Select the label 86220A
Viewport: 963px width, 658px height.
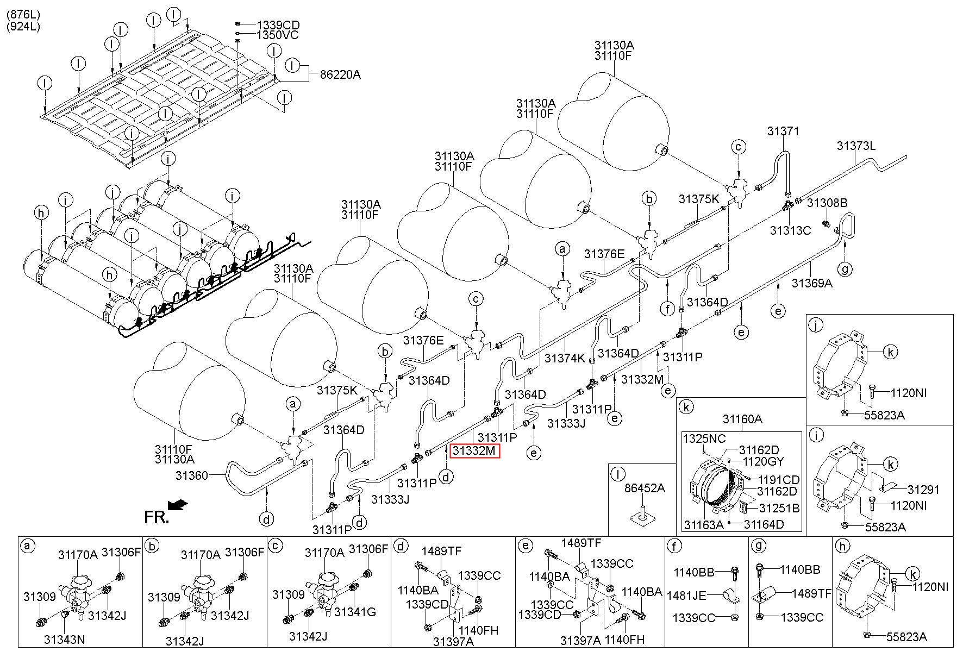pyautogui.click(x=340, y=75)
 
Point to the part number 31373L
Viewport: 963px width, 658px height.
pyautogui.click(x=856, y=146)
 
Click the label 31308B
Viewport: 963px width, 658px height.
pyautogui.click(x=827, y=203)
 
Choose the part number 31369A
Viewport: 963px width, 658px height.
pyautogui.click(x=811, y=283)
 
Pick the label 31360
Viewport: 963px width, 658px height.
pyautogui.click(x=191, y=475)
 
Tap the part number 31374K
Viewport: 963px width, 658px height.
pyautogui.click(x=565, y=358)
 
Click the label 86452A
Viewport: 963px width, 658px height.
pyautogui.click(x=645, y=488)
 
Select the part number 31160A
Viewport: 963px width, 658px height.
pyautogui.click(x=742, y=419)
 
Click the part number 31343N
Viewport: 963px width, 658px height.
pyautogui.click(x=64, y=639)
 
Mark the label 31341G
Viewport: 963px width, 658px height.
pyautogui.click(x=355, y=612)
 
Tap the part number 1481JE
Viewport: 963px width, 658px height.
pyautogui.click(x=687, y=596)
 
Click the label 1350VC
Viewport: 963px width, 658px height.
pyautogui.click(x=278, y=35)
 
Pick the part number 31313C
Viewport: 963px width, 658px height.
pyautogui.click(x=790, y=230)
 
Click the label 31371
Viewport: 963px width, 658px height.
pyautogui.click(x=783, y=131)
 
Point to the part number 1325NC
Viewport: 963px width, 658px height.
pyautogui.click(x=704, y=438)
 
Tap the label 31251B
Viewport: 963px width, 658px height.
pyautogui.click(x=779, y=508)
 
